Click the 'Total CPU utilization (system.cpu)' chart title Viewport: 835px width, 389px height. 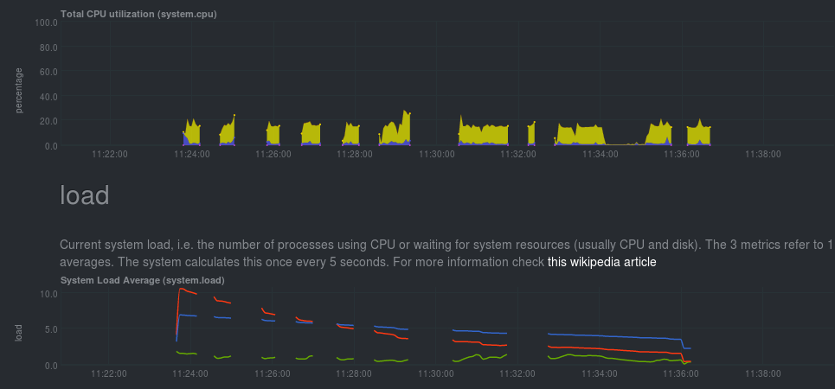[138, 15]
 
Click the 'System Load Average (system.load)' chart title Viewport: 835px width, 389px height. [142, 280]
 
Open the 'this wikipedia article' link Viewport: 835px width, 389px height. [601, 262]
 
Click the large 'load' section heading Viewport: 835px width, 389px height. [85, 195]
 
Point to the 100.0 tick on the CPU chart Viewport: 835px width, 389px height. [46, 23]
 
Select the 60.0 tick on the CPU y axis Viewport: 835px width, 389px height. [48, 73]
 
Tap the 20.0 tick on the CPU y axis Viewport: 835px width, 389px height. [48, 122]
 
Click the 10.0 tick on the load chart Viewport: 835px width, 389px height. [48, 294]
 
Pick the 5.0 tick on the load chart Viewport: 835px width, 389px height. [51, 329]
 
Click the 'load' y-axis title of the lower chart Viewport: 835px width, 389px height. [19, 331]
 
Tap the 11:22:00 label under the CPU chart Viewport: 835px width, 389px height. [110, 155]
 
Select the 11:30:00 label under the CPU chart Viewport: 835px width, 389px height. [436, 155]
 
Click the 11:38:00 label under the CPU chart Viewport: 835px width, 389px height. [762, 155]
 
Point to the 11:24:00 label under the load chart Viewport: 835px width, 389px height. [191, 374]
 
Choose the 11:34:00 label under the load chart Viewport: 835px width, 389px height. [599, 374]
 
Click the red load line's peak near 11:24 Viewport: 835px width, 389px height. [179, 289]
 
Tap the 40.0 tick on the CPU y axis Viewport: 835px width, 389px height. [48, 97]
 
